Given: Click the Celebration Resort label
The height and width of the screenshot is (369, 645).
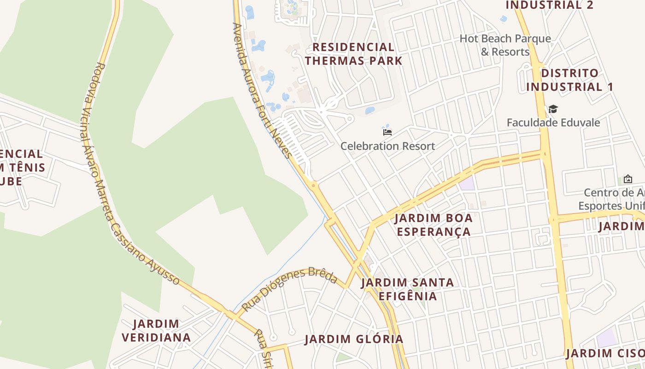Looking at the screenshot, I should point(387,146).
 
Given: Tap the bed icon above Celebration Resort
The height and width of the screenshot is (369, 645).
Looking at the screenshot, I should point(387,132).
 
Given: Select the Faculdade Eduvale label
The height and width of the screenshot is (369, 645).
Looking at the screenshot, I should point(553,123).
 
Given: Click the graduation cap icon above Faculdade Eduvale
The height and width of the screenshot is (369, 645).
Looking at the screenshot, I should point(553,109).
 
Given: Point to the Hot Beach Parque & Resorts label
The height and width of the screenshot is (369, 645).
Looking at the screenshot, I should point(505,45).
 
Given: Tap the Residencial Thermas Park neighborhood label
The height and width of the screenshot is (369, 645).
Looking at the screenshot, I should point(353,54).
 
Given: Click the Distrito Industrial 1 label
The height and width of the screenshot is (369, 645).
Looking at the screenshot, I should point(570,80).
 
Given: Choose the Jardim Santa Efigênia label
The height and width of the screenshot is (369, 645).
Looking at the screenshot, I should point(408,289).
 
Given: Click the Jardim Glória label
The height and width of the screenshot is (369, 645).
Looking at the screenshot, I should point(354,339).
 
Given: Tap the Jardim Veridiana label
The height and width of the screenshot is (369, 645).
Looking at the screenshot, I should point(156,331).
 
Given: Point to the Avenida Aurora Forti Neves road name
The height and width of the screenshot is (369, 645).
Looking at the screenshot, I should point(262,90).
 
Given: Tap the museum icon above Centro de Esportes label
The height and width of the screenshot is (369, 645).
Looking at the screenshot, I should point(627,179).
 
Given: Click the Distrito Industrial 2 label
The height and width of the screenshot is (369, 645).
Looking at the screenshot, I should point(549,5).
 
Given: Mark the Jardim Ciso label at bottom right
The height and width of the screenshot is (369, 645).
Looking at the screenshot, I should point(605,354).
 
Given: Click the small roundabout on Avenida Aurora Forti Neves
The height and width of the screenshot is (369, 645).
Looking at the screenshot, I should point(314,185).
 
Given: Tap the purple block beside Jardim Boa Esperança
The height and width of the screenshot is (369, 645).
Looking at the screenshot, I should point(467,183).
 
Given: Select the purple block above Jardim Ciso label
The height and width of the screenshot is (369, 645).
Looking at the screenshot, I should point(607,338).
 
